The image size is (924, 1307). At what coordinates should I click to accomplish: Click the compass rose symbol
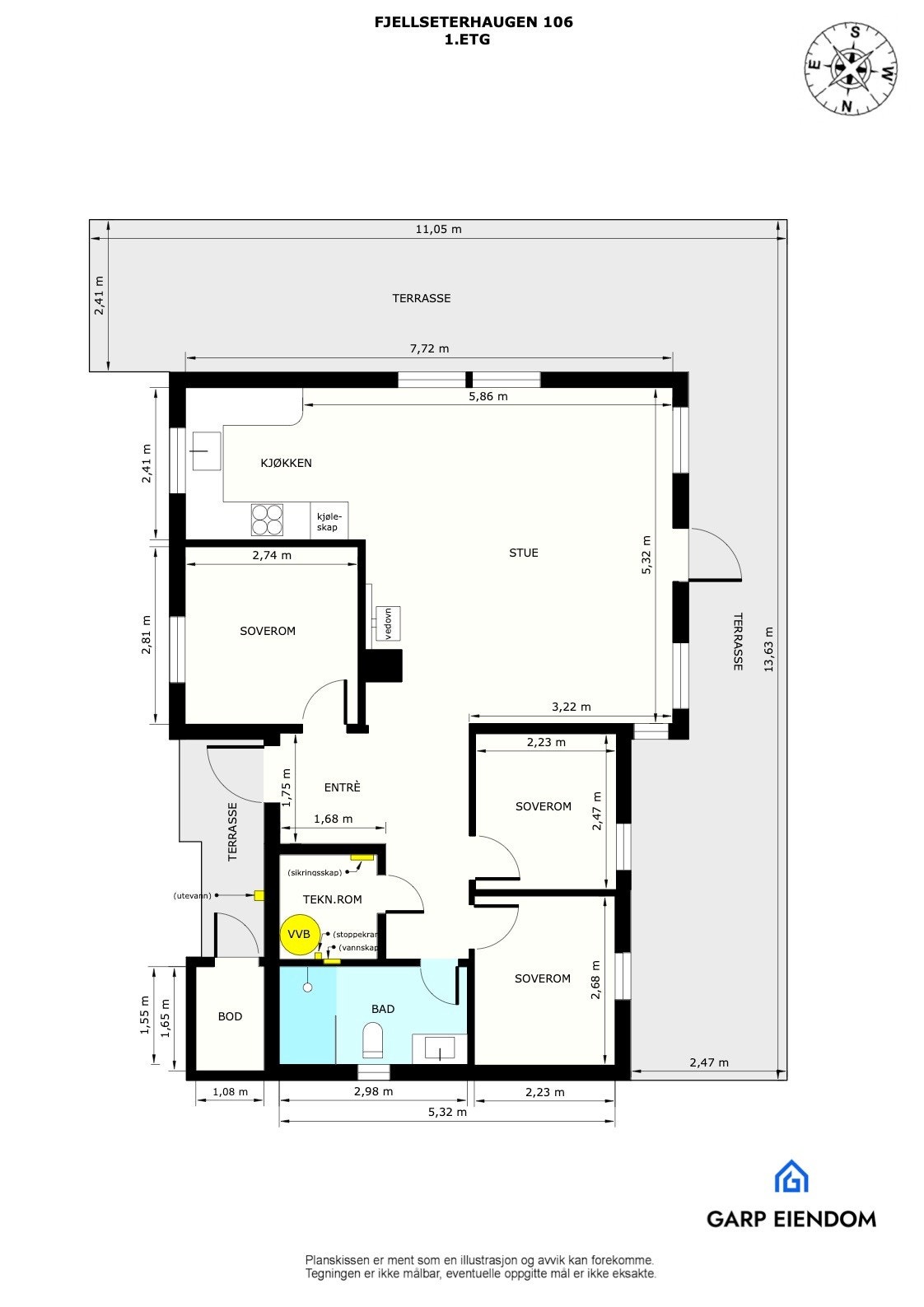pyautogui.click(x=851, y=68)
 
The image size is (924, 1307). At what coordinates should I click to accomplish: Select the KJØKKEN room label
pyautogui.click(x=286, y=463)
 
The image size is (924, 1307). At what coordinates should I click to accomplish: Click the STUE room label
pyautogui.click(x=523, y=553)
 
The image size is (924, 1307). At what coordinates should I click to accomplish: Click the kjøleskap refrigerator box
pyautogui.click(x=329, y=521)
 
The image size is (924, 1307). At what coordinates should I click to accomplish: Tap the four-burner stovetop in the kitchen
pyautogui.click(x=267, y=520)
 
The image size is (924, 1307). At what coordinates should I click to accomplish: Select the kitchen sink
pyautogui.click(x=206, y=450)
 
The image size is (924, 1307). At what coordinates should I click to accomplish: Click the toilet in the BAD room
pyautogui.click(x=373, y=1040)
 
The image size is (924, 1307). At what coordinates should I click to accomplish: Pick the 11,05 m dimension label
pyautogui.click(x=438, y=230)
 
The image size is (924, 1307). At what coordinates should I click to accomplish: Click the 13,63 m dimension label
pyautogui.click(x=768, y=650)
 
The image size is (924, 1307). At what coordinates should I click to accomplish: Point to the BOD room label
pyautogui.click(x=230, y=1016)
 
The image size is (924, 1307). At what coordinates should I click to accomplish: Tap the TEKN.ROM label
pyautogui.click(x=332, y=899)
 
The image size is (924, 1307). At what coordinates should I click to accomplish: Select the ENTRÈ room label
pyautogui.click(x=342, y=787)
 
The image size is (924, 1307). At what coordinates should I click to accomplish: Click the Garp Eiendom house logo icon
pyautogui.click(x=791, y=1176)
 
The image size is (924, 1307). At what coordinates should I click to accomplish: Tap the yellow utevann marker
pyautogui.click(x=259, y=895)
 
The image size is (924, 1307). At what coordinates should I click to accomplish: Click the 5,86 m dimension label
pyautogui.click(x=489, y=396)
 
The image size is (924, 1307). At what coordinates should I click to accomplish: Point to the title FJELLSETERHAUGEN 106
pyautogui.click(x=474, y=22)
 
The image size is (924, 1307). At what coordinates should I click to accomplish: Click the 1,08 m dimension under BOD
pyautogui.click(x=230, y=1092)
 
